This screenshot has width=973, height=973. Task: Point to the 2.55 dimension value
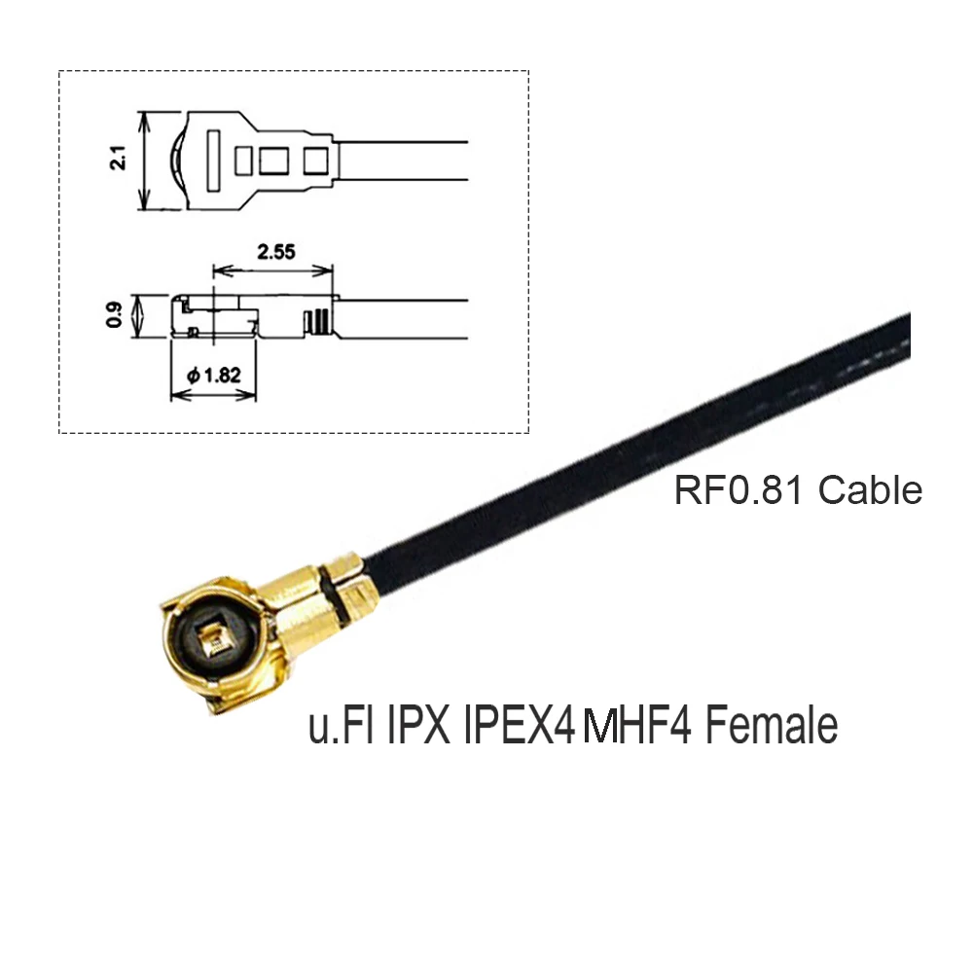[x=276, y=250]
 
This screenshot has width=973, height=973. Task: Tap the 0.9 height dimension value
[x=116, y=316]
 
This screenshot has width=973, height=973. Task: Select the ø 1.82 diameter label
[x=214, y=374]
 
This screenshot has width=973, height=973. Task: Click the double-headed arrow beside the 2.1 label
[x=145, y=161]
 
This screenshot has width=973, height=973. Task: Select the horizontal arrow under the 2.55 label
[x=272, y=270]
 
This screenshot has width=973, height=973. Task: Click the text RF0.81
[x=740, y=490]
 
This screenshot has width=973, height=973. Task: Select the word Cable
[x=870, y=490]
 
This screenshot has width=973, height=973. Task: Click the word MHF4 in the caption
[x=637, y=726]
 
